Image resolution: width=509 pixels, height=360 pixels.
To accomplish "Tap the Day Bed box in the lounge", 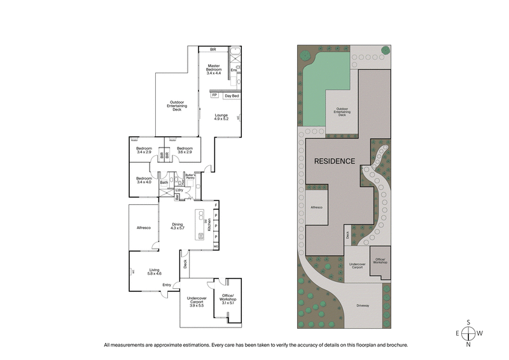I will click(x=232, y=96).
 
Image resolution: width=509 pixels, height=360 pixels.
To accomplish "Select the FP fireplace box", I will click(x=214, y=95).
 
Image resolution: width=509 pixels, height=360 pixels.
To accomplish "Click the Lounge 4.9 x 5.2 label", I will click(x=221, y=117).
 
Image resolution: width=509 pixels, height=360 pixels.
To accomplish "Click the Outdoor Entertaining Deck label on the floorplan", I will click(x=177, y=106).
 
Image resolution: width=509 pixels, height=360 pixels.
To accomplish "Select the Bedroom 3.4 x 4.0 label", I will click(x=144, y=181).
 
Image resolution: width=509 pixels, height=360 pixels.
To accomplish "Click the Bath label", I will click(x=164, y=183).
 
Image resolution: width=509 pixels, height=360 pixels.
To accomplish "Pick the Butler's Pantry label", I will click(x=190, y=177).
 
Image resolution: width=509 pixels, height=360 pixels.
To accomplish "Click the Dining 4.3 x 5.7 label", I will click(x=179, y=226).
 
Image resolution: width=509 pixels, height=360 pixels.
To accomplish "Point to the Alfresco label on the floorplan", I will click(x=143, y=228).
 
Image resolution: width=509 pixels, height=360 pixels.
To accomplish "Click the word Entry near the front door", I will click(x=167, y=284).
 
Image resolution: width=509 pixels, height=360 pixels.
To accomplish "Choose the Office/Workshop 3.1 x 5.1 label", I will click(x=228, y=299).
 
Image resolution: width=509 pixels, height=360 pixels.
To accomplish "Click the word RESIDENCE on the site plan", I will click(x=334, y=162).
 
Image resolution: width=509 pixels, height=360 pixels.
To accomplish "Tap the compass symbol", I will click(x=468, y=333).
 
